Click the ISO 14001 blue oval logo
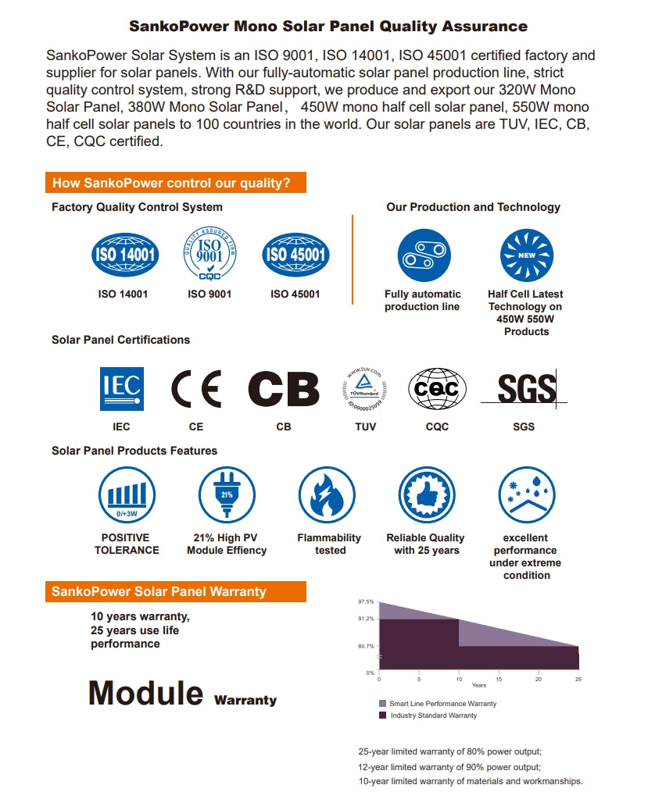125,255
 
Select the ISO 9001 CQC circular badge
209,253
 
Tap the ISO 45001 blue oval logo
295,255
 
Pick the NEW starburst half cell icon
526,255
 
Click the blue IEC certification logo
121,388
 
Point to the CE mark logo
195,388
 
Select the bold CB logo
283,388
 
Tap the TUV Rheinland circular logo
365,388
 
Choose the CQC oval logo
437,388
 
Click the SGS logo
526,388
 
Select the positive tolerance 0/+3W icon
126,495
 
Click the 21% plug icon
227,495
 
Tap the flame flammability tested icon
328,495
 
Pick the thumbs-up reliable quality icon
427,495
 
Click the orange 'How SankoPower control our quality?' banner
175,184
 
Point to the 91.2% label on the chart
366,619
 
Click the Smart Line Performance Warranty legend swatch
382,703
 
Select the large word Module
145,693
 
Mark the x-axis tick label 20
538,679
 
